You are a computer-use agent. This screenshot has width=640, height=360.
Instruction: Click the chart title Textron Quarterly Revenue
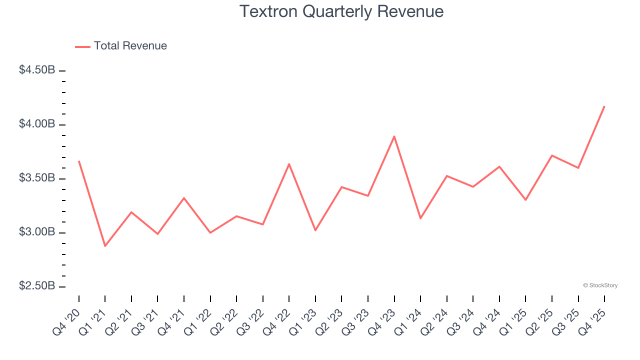point(341,11)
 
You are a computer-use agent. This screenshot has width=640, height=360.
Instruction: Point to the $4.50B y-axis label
point(37,70)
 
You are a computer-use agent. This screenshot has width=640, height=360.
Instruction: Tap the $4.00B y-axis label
point(37,124)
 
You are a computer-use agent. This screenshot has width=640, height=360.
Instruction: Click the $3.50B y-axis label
point(37,178)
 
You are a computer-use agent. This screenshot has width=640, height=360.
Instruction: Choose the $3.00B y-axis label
point(37,232)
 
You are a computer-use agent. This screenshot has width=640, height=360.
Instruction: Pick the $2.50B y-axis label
point(37,286)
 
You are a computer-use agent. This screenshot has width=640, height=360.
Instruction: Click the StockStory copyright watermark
point(600,285)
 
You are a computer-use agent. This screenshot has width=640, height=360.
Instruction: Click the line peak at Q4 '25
point(604,106)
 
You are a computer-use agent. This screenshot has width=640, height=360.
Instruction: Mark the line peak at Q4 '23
point(394,136)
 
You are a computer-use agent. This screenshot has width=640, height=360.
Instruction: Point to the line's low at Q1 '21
point(105,246)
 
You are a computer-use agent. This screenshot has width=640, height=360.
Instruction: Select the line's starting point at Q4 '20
point(79,161)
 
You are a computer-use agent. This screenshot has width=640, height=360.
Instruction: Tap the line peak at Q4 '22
point(289,164)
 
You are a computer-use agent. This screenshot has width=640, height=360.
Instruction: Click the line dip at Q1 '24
point(420,218)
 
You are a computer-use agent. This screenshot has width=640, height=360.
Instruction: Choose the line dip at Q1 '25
point(525,200)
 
